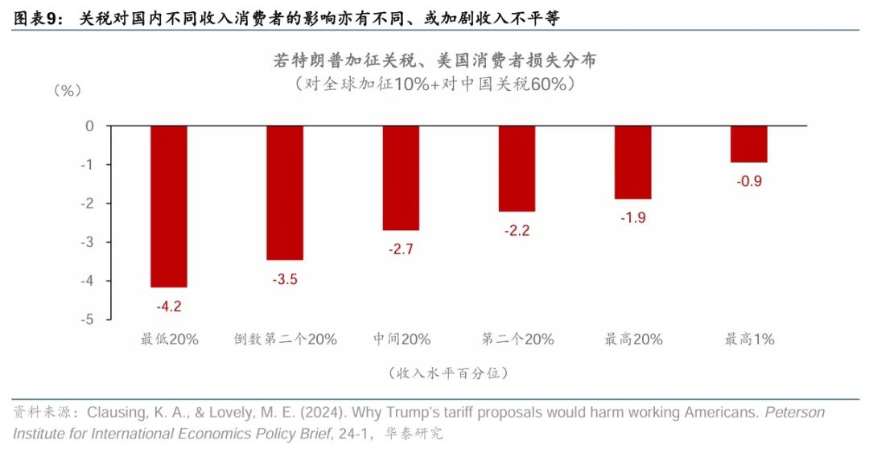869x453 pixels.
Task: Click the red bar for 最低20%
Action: click(x=169, y=206)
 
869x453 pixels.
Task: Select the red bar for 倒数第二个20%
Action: click(x=285, y=193)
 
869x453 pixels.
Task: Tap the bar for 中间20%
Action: click(x=401, y=178)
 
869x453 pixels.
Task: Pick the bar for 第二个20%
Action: click(x=517, y=168)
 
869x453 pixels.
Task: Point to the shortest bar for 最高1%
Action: click(x=748, y=144)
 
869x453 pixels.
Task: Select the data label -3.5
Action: click(x=285, y=278)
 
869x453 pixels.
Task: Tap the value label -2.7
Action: click(x=401, y=249)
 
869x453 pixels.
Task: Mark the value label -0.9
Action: click(x=748, y=181)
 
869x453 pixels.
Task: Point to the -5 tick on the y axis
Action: click(x=88, y=319)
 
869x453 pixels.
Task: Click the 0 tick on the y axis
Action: click(x=90, y=126)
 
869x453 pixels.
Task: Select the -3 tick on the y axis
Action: click(x=88, y=242)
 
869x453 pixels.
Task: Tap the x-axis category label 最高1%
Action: click(x=749, y=340)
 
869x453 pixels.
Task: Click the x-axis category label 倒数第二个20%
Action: click(x=286, y=340)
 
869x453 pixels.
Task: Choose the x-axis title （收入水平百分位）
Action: click(x=447, y=373)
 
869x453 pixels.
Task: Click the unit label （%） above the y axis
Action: click(x=67, y=90)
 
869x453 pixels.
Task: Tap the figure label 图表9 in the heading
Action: click(x=37, y=17)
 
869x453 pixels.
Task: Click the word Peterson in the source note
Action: click(x=794, y=413)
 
